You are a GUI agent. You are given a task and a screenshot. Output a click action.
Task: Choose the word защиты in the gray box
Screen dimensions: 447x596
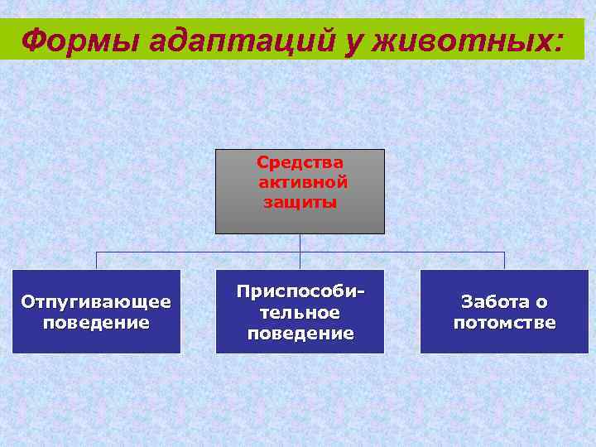coord(300,202)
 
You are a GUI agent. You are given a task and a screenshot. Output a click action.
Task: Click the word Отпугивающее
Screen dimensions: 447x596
coord(96,301)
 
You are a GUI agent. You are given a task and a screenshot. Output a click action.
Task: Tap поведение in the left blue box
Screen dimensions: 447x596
coord(96,322)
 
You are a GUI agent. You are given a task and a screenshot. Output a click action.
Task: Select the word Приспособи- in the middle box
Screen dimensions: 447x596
coord(298,292)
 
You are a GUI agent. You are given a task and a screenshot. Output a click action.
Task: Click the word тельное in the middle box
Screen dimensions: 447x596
coord(300,313)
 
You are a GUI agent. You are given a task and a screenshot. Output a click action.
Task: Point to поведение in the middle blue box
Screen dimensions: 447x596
coord(300,334)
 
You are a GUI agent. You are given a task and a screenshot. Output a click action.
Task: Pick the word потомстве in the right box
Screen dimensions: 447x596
coord(504,323)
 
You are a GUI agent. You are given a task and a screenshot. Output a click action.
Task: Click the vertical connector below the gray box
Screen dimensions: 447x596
coord(300,243)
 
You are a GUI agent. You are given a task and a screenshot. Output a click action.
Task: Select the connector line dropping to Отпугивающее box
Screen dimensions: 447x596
coord(96,261)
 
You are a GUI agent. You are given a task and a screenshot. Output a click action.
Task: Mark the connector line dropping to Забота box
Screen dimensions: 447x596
coord(504,261)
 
